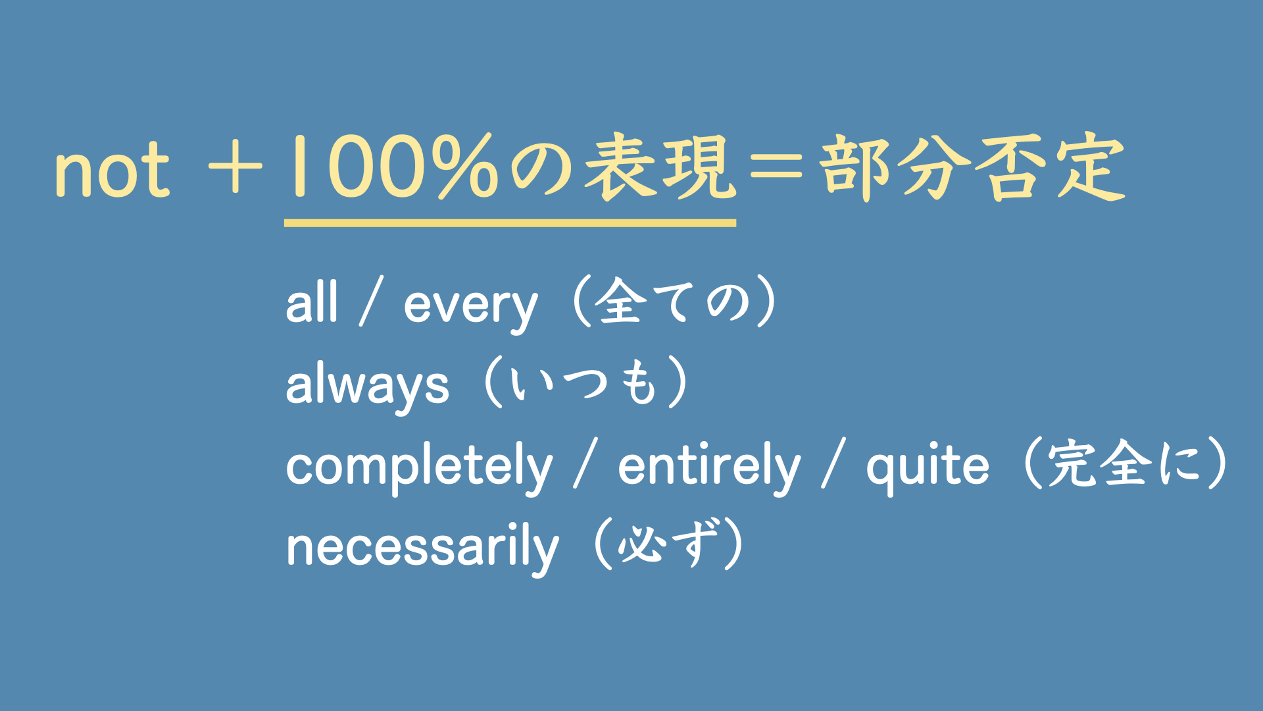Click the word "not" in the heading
(x=112, y=170)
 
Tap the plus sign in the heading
(x=235, y=169)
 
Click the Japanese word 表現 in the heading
(x=660, y=167)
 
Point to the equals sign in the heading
(x=777, y=169)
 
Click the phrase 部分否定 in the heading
(x=972, y=167)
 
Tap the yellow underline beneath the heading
(x=510, y=223)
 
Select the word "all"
(x=312, y=303)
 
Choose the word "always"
(x=368, y=386)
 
